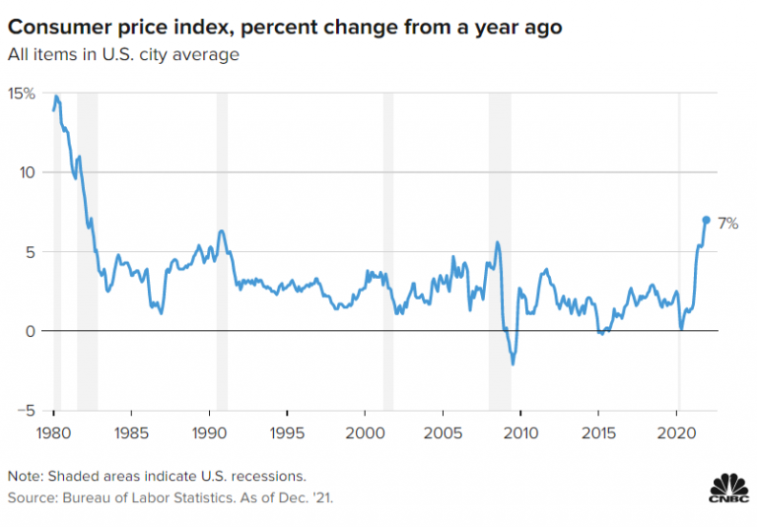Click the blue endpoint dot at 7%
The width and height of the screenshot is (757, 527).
coord(706,220)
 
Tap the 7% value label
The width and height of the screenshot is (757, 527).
coord(727,224)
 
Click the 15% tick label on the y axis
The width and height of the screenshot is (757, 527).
coord(22,94)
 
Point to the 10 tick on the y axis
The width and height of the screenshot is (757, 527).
coord(27,172)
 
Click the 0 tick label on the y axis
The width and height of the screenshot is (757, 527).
coord(30,331)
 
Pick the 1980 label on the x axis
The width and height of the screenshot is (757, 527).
coord(54,433)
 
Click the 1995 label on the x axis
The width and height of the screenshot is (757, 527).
coord(287,433)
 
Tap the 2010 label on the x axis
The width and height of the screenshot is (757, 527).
coord(521,433)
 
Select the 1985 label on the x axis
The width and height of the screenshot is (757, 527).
coord(131,433)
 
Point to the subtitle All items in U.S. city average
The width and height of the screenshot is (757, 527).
coord(123,55)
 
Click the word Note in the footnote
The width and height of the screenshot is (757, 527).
coord(25,477)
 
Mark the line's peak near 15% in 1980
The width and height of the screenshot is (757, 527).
coord(56,97)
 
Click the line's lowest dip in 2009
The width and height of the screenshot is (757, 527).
coord(513,363)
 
